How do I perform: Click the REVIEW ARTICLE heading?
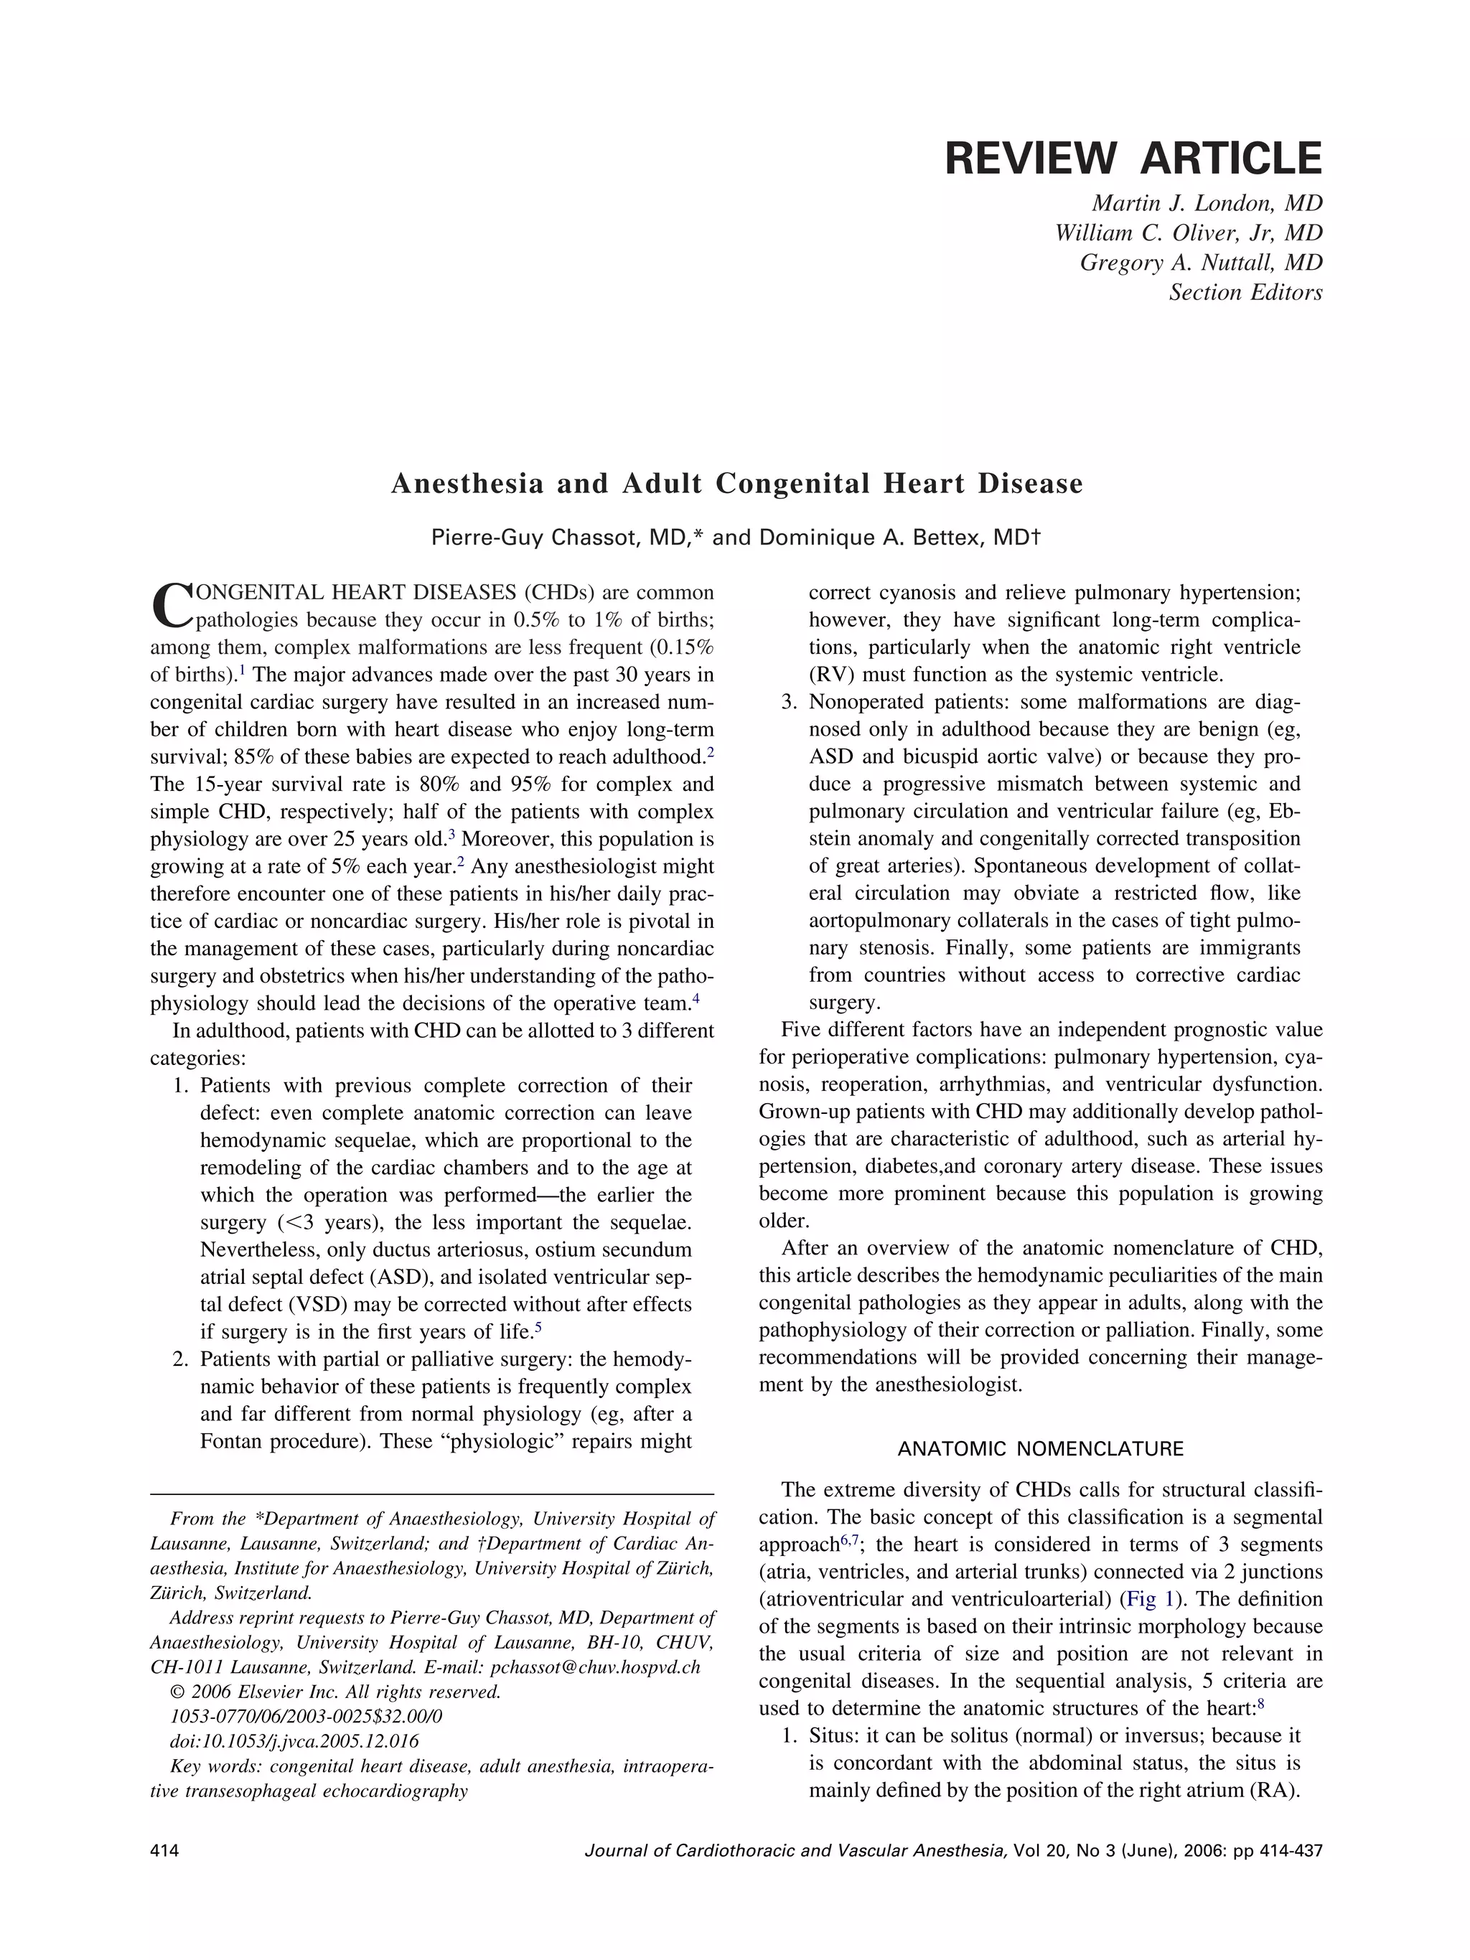tap(1133, 159)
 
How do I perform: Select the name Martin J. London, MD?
tap(1206, 204)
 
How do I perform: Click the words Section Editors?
tap(1245, 292)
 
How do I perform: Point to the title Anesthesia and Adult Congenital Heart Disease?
tap(736, 484)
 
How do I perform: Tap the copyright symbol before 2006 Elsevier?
tap(177, 1692)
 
